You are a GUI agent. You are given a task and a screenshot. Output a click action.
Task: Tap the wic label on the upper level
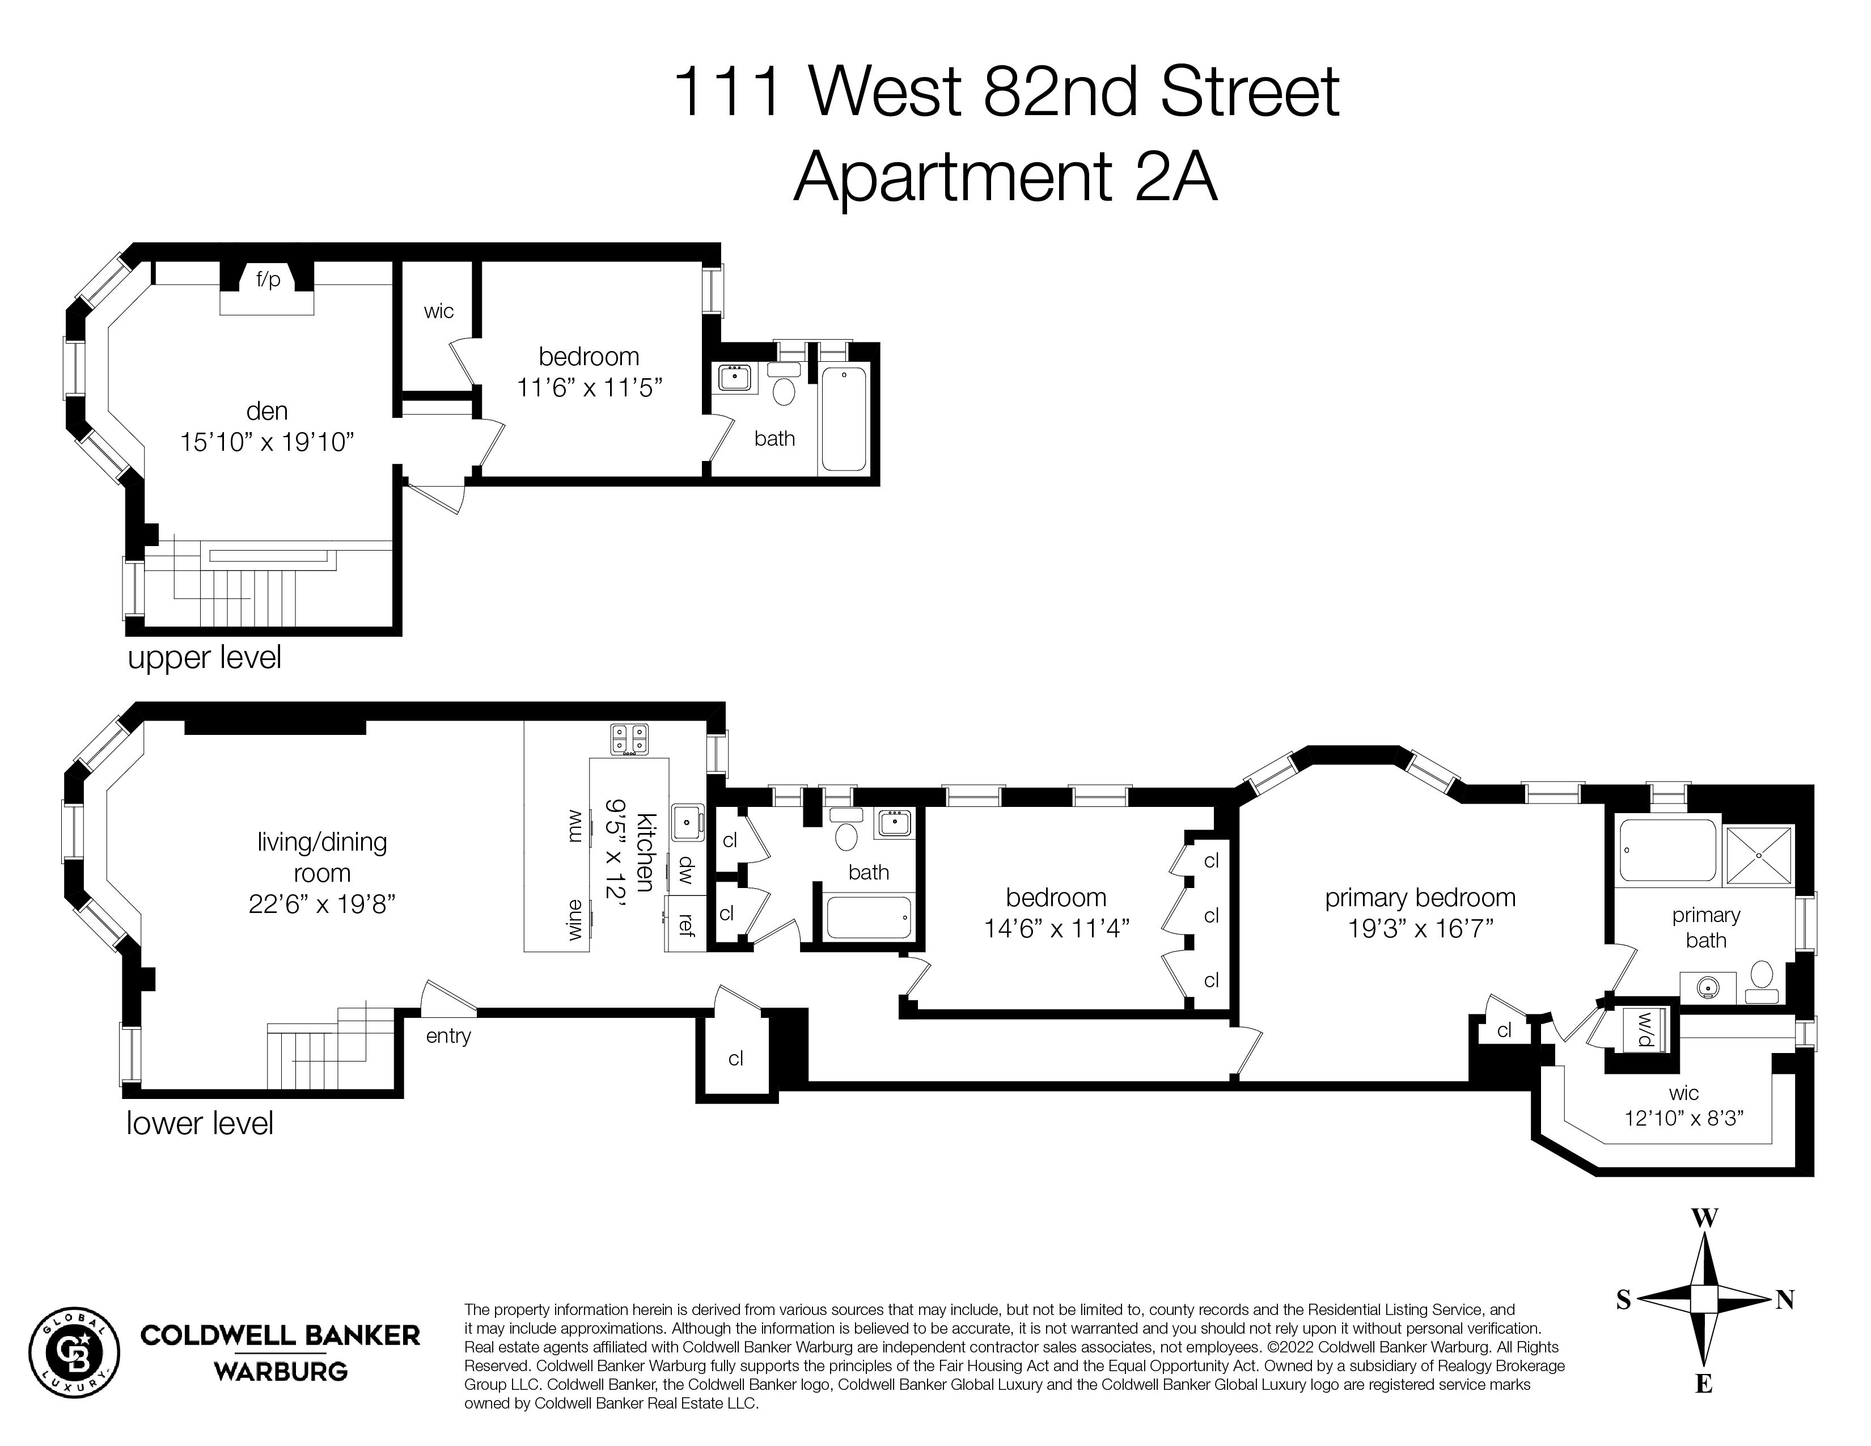[439, 311]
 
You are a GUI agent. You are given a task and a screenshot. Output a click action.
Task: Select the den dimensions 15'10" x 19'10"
[266, 442]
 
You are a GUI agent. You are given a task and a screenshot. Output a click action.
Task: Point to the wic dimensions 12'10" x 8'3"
[1684, 1119]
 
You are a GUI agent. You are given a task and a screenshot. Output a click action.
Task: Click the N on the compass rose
[1784, 1300]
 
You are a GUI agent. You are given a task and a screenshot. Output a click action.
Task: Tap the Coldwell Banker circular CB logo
[74, 1354]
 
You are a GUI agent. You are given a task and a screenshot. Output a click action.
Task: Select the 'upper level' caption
[204, 658]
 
